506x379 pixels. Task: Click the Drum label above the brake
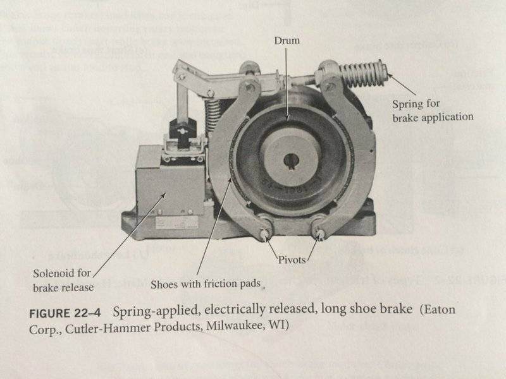click(287, 41)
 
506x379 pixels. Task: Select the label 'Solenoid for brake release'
click(63, 279)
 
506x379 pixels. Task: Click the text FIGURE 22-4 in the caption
click(66, 313)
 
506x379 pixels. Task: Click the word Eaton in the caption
click(438, 312)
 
